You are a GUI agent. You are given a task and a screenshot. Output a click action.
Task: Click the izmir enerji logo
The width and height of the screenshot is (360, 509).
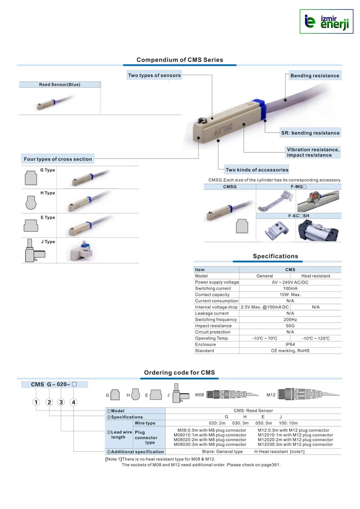[x=326, y=22]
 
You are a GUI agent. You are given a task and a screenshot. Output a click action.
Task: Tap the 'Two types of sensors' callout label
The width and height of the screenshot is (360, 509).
[x=154, y=75]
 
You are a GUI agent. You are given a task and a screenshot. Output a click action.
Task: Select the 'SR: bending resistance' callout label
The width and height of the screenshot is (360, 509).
[x=310, y=133]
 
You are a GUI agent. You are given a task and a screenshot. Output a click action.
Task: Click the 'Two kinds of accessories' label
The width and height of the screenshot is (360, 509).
[x=257, y=170]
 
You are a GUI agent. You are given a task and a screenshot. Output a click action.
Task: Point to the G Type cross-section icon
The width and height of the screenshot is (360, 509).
[x=31, y=178]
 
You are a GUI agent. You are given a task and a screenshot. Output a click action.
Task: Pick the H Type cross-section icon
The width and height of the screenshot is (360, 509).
[x=31, y=202]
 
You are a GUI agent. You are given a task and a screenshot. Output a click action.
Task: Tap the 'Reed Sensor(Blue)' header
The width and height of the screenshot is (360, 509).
[x=60, y=84]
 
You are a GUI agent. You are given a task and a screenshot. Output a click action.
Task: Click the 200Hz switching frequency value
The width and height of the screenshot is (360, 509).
[x=290, y=319]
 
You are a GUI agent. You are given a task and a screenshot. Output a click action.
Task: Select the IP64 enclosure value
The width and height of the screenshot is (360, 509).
[x=290, y=344]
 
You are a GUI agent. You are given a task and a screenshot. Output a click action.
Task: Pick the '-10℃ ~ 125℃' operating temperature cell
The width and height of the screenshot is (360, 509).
[x=315, y=338]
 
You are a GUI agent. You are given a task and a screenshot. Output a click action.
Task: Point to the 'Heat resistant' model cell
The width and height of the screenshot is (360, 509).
[x=315, y=276]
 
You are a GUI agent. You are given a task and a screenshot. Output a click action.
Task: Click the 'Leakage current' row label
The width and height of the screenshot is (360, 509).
[x=212, y=313]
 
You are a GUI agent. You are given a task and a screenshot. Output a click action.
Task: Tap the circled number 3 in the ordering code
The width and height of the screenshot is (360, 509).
[x=61, y=402]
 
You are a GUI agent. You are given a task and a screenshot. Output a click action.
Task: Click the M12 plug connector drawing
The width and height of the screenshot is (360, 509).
[x=308, y=394]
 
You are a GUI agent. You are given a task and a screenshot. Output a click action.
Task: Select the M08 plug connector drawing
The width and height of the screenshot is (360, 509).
[x=232, y=394]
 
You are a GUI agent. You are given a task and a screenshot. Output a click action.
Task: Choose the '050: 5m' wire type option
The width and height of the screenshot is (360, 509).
[x=264, y=423]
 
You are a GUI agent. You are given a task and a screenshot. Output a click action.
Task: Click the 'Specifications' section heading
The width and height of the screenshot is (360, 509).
[x=275, y=256]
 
